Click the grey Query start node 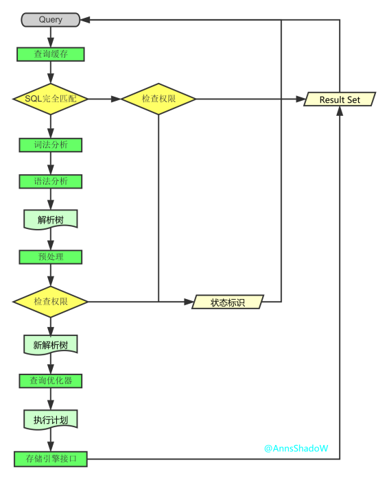point(51,20)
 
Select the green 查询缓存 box point(51,54)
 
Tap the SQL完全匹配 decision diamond point(51,99)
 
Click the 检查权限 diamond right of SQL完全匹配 point(158,99)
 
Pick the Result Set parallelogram point(340,99)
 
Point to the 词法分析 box point(51,145)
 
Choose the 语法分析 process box point(51,182)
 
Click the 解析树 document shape point(51,219)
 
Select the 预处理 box point(51,257)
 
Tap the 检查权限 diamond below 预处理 point(51,302)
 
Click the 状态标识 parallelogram point(228,302)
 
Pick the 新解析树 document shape point(51,344)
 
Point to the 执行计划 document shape point(51,419)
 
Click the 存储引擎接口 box point(51,459)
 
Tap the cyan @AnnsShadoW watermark point(296,448)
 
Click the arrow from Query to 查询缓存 point(51,37)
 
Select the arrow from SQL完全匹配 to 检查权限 point(104,99)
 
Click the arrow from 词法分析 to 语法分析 point(51,163)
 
